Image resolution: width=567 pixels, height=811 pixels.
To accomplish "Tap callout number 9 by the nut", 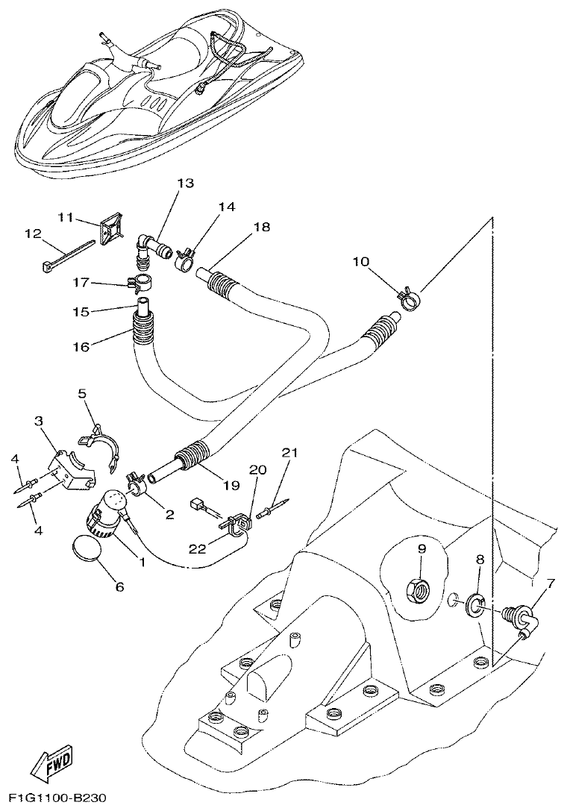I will [x=421, y=549].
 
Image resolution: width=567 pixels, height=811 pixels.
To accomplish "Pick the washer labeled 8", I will [x=473, y=604].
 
